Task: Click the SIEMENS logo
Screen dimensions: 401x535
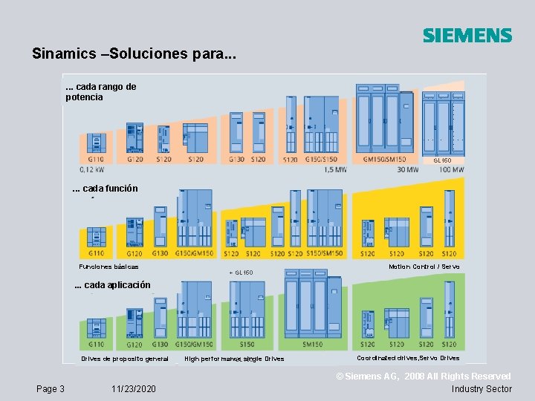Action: pyautogui.click(x=467, y=36)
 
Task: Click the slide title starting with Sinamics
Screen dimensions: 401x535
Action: pyautogui.click(x=134, y=54)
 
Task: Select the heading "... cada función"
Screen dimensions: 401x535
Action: pyautogui.click(x=105, y=189)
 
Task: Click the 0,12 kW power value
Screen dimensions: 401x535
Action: pyautogui.click(x=91, y=169)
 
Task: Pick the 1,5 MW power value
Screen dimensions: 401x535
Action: pyautogui.click(x=336, y=169)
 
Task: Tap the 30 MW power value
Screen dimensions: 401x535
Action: pyautogui.click(x=408, y=169)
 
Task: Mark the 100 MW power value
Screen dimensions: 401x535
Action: pyautogui.click(x=453, y=169)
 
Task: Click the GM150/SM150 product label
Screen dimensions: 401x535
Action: pyautogui.click(x=384, y=158)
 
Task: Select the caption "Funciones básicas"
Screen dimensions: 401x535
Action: pyautogui.click(x=108, y=267)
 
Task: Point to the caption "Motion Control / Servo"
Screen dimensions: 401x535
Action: pyautogui.click(x=424, y=267)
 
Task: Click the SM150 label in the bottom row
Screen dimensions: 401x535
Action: pyautogui.click(x=312, y=345)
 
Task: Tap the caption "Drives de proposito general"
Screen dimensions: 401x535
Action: pyautogui.click(x=125, y=359)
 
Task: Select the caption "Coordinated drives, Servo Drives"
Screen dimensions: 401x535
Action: pyautogui.click(x=408, y=358)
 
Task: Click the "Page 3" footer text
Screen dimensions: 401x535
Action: pyautogui.click(x=51, y=389)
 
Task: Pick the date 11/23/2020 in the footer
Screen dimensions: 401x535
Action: pyautogui.click(x=134, y=389)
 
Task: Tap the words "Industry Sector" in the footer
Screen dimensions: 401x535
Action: pyautogui.click(x=481, y=389)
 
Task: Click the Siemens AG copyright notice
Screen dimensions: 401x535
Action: pyautogui.click(x=424, y=377)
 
